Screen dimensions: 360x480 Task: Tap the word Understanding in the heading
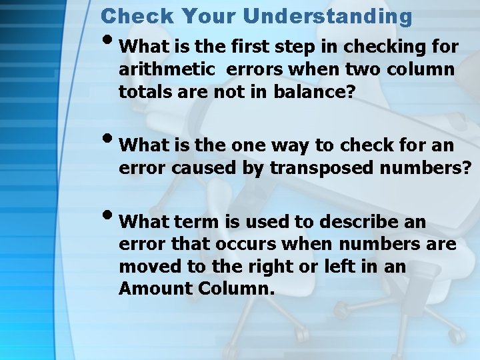pos(327,15)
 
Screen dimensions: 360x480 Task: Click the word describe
pos(360,221)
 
